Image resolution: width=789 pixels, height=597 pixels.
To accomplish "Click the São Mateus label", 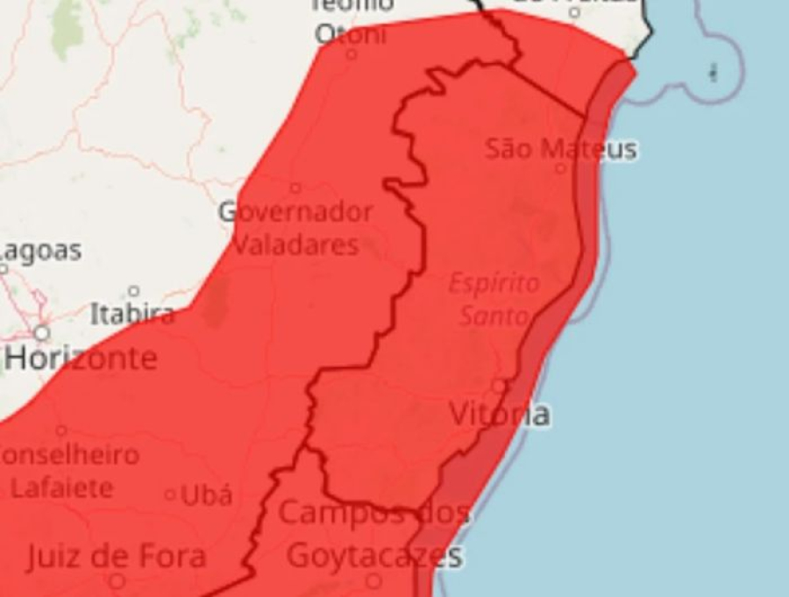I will (x=561, y=148).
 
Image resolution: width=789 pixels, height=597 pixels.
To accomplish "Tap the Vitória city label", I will (x=500, y=414).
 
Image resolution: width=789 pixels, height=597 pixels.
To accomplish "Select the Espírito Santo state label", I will (x=494, y=300).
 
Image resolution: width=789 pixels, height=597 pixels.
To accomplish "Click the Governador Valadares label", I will (x=295, y=228).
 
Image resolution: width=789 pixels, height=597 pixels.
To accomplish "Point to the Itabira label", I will (x=131, y=314).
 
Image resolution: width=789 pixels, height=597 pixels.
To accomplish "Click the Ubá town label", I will (x=207, y=495).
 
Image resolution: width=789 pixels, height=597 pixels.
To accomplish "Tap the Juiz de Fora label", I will (x=116, y=556).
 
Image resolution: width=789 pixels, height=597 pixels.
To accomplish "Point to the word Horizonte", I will (x=82, y=358).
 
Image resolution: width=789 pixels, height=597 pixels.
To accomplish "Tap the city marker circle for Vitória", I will (x=499, y=386).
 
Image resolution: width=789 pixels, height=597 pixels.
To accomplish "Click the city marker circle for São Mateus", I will (x=561, y=167).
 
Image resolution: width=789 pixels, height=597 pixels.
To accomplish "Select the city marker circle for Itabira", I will (x=133, y=291).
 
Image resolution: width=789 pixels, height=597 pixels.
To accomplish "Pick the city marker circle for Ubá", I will (x=170, y=495).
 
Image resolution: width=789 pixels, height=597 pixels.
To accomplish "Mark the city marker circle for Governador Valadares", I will (x=295, y=188).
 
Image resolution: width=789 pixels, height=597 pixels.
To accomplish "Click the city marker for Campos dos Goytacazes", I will (x=373, y=580).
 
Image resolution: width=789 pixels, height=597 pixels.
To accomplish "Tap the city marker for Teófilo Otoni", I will (x=352, y=54).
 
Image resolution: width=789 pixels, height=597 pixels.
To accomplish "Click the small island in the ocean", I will (x=713, y=73).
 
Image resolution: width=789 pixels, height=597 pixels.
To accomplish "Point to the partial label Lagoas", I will (x=40, y=251).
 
